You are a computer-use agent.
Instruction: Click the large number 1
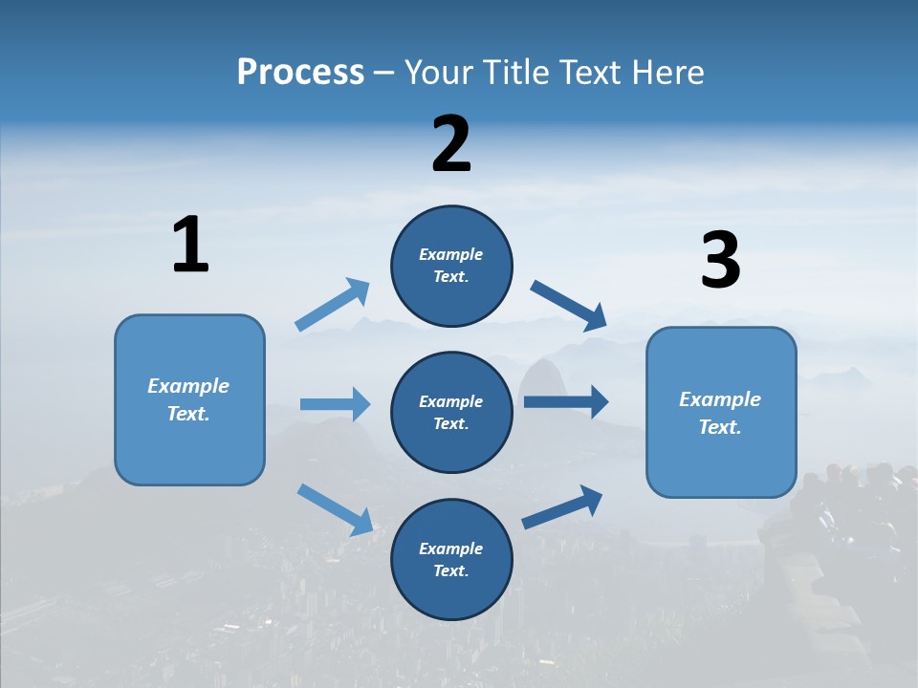click(190, 245)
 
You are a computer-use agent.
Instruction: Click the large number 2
click(451, 144)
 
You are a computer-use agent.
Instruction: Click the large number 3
click(720, 260)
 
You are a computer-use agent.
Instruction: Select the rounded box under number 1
click(189, 399)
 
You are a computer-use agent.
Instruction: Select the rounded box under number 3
click(721, 412)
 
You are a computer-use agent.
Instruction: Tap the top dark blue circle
click(451, 265)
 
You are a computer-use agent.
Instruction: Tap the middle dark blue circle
click(451, 412)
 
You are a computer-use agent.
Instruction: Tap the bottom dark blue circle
click(451, 559)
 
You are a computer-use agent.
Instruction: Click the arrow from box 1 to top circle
click(333, 304)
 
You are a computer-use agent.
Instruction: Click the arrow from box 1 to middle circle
click(336, 404)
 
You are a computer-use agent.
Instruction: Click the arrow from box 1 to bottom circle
click(335, 508)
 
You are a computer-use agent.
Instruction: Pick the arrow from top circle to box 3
click(569, 306)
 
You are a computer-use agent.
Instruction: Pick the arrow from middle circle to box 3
click(566, 401)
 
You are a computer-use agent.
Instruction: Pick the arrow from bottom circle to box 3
click(563, 506)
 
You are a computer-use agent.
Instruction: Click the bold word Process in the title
click(300, 72)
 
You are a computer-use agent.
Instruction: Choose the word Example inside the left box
click(188, 386)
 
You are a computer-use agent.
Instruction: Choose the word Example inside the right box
click(720, 399)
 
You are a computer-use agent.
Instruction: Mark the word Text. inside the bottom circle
click(451, 570)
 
